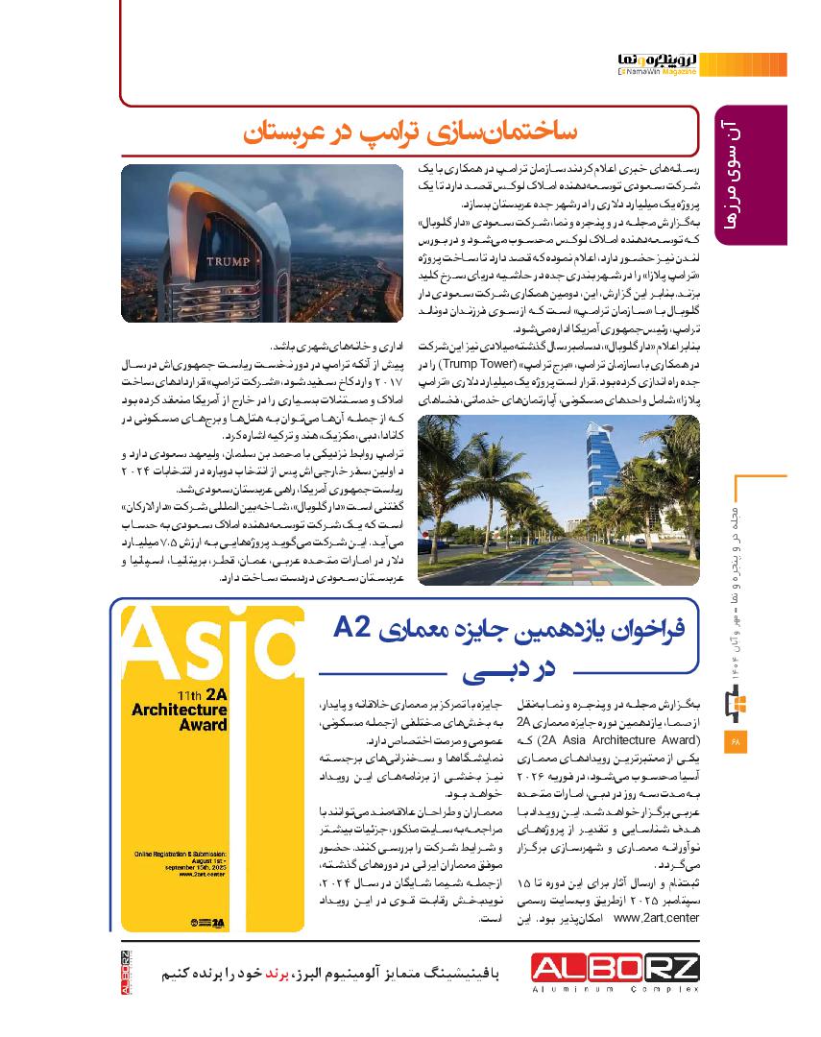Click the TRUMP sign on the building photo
(x=228, y=260)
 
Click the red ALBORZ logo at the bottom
(x=616, y=967)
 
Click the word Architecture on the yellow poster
(x=181, y=711)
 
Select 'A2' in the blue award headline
(x=352, y=629)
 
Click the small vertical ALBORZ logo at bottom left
(x=126, y=971)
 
